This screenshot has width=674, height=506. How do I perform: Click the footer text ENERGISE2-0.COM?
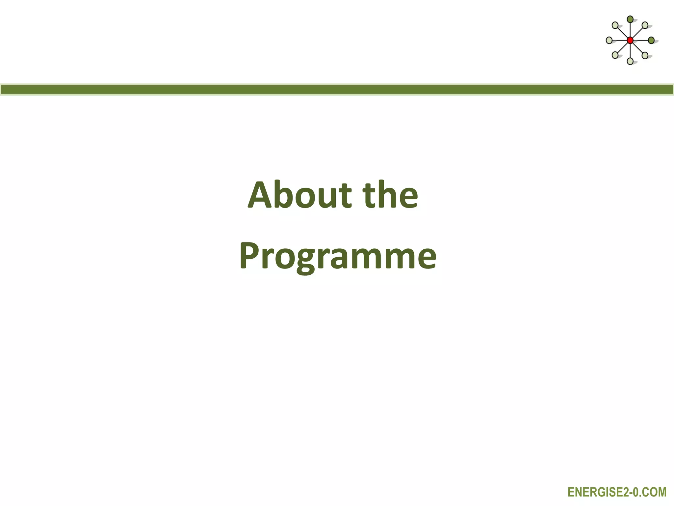click(x=617, y=492)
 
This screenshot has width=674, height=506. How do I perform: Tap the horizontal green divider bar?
click(x=337, y=90)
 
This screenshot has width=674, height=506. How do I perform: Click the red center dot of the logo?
click(x=630, y=41)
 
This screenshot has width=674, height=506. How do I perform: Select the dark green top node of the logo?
click(x=630, y=19)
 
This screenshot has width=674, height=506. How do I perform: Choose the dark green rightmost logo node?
click(x=651, y=41)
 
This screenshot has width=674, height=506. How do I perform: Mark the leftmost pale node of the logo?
click(x=609, y=41)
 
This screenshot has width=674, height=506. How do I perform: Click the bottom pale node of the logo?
click(x=630, y=61)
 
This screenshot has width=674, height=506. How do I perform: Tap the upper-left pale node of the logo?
click(x=615, y=25)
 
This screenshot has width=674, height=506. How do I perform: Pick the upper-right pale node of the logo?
click(x=645, y=25)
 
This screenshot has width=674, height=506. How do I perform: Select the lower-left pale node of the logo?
click(x=615, y=55)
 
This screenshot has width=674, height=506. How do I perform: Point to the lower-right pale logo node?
click(x=645, y=55)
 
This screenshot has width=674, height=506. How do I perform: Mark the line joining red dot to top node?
click(x=630, y=30)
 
